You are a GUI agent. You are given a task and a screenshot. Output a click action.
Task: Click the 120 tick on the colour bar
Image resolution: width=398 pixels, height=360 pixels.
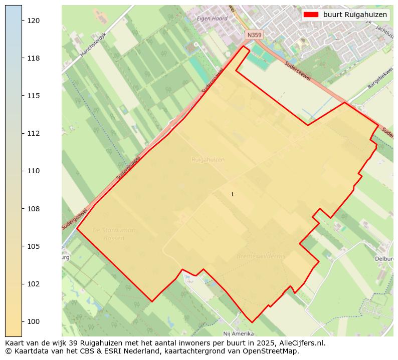tap(34, 21)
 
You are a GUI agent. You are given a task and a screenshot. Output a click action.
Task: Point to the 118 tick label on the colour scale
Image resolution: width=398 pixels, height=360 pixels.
tap(34, 58)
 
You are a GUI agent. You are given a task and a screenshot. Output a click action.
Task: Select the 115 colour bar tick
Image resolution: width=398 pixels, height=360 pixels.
tap(34, 96)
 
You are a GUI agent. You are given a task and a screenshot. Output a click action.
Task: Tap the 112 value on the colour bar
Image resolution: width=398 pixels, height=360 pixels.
tap(34, 133)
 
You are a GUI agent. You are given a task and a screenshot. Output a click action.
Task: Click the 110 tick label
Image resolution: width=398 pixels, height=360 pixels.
tap(34, 171)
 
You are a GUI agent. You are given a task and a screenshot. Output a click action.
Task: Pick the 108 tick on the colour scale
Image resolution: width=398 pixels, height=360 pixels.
tap(34, 208)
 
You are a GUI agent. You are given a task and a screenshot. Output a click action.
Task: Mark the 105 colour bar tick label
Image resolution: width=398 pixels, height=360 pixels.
tap(34, 246)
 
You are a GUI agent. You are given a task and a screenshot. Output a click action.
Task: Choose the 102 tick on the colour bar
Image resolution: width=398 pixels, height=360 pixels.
tap(34, 284)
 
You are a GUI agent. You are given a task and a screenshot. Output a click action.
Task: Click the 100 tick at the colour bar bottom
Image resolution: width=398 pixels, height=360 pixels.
tap(34, 321)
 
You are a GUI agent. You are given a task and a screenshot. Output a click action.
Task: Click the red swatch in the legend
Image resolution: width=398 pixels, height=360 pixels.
tap(311, 15)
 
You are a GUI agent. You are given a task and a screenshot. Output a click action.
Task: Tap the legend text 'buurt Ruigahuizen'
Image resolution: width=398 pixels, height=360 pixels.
tap(355, 15)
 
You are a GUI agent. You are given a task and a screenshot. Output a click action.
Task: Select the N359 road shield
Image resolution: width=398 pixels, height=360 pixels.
tap(254, 35)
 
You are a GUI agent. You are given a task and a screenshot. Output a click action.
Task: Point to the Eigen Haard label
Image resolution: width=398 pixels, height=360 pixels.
tap(212, 19)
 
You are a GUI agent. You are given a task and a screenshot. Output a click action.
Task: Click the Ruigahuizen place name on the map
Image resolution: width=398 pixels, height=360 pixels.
tap(208, 160)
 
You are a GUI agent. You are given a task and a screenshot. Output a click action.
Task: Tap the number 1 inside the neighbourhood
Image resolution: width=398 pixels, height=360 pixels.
tap(232, 194)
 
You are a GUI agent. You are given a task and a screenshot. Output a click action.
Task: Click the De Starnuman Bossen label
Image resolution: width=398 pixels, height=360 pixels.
tap(114, 234)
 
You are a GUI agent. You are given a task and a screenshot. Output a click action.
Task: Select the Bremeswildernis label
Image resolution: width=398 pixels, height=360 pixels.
tap(261, 256)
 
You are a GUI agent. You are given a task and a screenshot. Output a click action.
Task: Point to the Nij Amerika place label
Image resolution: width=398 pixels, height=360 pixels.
tap(238, 333)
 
